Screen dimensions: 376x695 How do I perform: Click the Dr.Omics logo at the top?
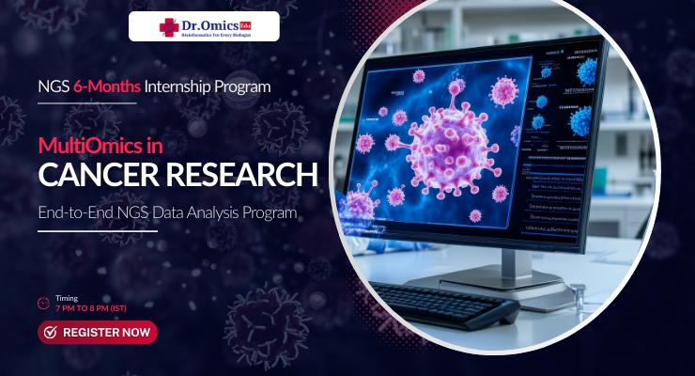pos(204,25)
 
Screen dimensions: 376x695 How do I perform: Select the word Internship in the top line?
pos(184,86)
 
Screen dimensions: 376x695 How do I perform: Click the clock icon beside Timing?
pos(43,303)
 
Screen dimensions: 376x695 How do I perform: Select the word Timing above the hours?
pos(67,297)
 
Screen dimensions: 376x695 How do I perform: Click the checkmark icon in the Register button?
pos(51,332)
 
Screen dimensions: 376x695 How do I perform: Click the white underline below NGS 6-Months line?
pos(87,102)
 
